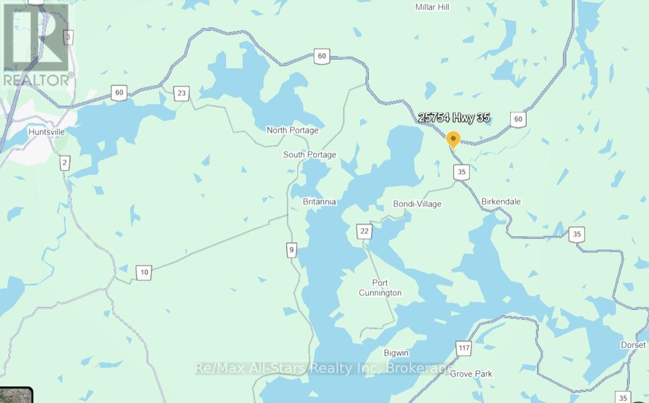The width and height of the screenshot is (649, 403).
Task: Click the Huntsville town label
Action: click(47, 132)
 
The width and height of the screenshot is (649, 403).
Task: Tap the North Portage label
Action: click(292, 130)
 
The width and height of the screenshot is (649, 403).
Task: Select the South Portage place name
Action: click(309, 155)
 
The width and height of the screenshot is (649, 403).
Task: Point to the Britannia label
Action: click(319, 202)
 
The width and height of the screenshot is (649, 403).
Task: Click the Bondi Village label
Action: click(417, 204)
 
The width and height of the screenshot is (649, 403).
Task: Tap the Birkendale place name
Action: click(501, 201)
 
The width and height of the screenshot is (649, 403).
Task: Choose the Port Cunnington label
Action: click(380, 288)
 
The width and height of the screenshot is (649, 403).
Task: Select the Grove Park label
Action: click(471, 374)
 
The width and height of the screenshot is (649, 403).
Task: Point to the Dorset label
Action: click(632, 345)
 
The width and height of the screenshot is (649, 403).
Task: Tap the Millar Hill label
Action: click(432, 7)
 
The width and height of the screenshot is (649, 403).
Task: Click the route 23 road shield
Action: click(181, 93)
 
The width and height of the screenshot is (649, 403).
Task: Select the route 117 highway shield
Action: click(464, 348)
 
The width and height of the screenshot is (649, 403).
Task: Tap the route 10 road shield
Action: click(143, 272)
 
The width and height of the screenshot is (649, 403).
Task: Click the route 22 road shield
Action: click(364, 231)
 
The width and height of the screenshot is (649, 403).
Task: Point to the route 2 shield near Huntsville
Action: click(65, 163)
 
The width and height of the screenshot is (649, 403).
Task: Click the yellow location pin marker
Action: click(453, 139)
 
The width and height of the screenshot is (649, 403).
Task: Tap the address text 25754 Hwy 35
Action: click(454, 118)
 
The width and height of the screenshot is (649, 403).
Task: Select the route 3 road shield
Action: click(68, 38)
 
